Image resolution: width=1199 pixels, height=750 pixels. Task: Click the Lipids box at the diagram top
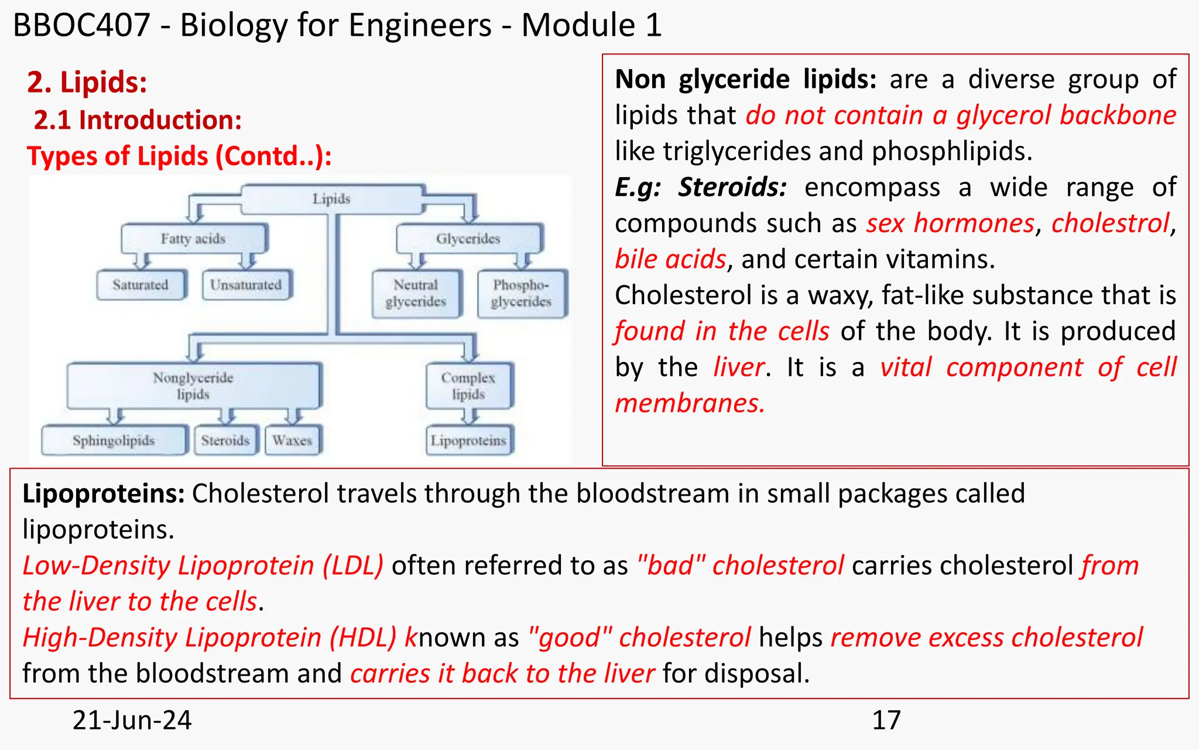coord(331,199)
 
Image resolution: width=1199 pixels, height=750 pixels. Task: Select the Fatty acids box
coord(193,238)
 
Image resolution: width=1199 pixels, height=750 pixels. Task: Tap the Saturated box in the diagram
coord(141,285)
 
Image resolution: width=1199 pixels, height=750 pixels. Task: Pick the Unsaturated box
coord(246,285)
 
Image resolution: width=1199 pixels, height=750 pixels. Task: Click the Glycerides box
coord(468,238)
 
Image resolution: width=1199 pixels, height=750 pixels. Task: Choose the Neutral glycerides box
coord(416,293)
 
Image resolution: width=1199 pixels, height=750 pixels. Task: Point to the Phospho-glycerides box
coord(521,293)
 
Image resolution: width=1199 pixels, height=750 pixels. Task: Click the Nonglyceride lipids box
coord(193,386)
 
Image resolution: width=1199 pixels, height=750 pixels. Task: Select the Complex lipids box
coord(468,386)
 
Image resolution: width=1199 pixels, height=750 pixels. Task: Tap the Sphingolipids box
coord(114,440)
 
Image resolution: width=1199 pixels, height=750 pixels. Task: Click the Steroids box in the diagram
coord(225,440)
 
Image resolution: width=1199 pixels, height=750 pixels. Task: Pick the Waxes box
coord(292,440)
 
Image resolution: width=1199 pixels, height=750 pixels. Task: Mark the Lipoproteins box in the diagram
coord(468,440)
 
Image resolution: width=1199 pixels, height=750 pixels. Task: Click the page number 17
coord(886,720)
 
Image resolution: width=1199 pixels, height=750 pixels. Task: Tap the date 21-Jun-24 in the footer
coord(132,720)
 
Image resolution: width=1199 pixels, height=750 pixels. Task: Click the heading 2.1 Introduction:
coord(138,120)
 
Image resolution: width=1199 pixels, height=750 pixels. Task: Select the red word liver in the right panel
coord(739,367)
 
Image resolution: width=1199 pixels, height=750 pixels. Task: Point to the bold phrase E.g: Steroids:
coord(700,187)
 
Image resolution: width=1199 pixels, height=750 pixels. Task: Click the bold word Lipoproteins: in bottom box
coord(103,493)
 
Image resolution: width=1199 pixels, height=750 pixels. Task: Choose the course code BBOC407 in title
coord(81,25)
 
